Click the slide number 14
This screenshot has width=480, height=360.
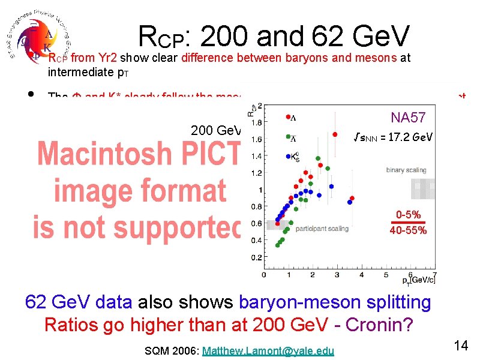461,346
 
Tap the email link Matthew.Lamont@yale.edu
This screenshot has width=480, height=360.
268,351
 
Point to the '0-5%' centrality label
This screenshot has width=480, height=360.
407,215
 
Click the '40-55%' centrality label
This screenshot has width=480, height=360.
407,230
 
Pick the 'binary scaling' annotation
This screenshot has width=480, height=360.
406,170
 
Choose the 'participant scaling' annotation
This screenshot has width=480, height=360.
322,229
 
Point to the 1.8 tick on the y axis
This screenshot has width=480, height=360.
256,122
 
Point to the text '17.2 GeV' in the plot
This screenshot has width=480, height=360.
411,137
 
